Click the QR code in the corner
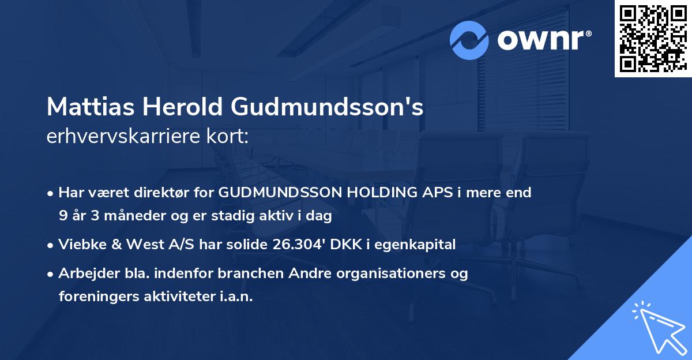653,38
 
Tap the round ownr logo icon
469,40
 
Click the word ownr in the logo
543,40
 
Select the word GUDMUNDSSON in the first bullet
272,193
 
